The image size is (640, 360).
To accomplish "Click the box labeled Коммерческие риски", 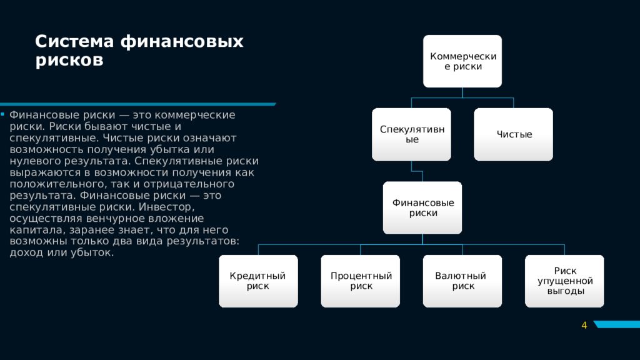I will click(462, 61).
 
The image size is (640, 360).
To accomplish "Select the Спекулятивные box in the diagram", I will click(411, 134).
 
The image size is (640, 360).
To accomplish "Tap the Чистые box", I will click(514, 134).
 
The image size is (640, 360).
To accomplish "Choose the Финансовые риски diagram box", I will click(422, 208).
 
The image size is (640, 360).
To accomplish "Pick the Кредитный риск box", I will click(258, 281).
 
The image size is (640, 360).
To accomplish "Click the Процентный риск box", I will click(361, 281).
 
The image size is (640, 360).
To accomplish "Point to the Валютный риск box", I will click(462, 281).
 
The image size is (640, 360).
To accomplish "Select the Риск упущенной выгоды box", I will click(564, 281).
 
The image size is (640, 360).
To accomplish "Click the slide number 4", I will click(584, 325).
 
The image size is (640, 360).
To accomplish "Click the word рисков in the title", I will click(69, 61).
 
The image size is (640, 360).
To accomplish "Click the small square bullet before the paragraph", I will click(2, 115).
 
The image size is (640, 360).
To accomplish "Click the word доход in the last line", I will click(24, 252).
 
